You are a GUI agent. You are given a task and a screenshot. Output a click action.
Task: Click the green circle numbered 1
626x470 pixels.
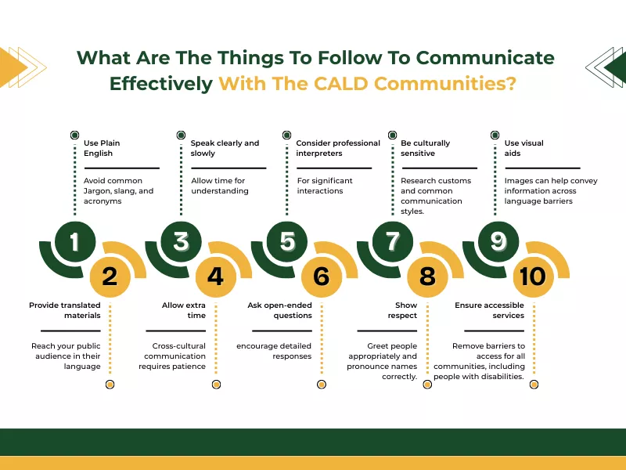pos(74,241)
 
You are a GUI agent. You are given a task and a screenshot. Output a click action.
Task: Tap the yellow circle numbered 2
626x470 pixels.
pos(110,276)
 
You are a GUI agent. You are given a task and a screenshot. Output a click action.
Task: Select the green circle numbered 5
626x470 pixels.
pos(287,241)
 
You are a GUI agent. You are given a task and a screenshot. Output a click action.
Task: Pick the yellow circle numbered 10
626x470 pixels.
pos(533,276)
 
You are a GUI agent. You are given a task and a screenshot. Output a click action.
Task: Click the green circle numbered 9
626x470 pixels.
pos(498,241)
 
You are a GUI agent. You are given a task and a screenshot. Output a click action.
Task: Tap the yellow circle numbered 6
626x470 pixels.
pos(322,276)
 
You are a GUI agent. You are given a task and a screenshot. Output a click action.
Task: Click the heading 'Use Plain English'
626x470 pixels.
pos(102,148)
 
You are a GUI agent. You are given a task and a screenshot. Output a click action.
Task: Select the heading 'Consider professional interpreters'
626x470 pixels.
pos(338,148)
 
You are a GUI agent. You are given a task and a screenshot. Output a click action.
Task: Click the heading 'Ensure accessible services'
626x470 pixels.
pos(490,310)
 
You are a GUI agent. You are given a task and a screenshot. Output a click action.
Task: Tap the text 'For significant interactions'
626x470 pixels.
pos(324,186)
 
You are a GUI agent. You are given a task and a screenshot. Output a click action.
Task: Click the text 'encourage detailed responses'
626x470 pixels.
pos(274,351)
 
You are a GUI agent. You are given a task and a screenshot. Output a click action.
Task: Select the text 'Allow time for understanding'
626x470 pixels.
pos(219,186)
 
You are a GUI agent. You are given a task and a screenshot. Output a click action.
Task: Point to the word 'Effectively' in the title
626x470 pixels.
pos(160,83)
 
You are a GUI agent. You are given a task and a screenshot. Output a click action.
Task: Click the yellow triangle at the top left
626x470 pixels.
pos(13,67)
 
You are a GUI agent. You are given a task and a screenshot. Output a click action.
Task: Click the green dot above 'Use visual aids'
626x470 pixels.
pos(494,135)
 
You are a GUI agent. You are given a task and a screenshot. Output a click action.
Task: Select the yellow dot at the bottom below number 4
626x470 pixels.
pos(215,385)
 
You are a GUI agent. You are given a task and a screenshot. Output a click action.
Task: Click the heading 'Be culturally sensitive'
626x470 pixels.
pos(425,148)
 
